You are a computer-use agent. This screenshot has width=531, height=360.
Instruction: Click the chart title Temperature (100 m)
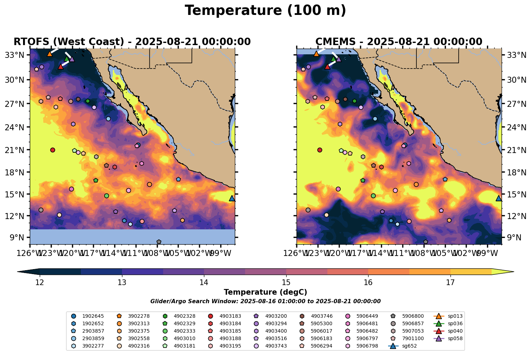tap(265, 11)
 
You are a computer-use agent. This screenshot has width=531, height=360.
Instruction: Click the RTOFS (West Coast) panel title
tap(132, 42)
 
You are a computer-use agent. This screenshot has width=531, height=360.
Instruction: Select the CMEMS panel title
tap(399, 42)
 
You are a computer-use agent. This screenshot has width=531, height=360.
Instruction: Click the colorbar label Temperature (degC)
tap(265, 292)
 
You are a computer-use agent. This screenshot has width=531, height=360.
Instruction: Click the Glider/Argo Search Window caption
tap(265, 301)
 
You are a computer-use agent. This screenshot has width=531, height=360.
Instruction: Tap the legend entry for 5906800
tap(408, 316)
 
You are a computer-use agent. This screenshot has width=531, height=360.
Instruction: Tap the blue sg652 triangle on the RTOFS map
tap(232, 198)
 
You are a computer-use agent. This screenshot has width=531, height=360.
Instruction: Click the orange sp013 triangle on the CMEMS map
tap(316, 54)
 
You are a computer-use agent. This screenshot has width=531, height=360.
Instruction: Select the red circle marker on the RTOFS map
tap(52, 150)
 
